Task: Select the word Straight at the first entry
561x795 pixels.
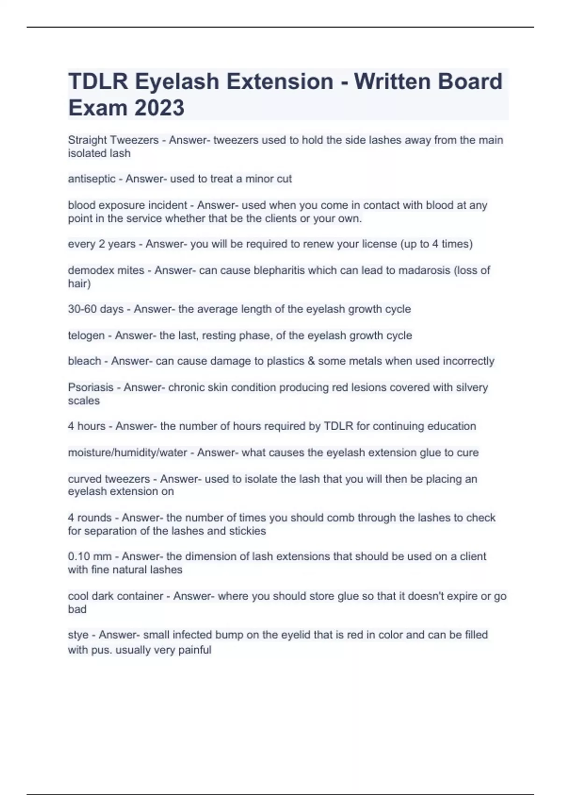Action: click(87, 140)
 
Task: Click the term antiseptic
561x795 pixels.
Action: click(92, 179)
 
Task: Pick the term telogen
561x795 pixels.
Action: click(86, 335)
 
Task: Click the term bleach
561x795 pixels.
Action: click(84, 361)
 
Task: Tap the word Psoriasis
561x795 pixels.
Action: click(91, 387)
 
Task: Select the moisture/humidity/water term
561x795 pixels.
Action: click(128, 453)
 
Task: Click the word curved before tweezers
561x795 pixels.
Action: click(85, 479)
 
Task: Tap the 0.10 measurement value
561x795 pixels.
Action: click(79, 556)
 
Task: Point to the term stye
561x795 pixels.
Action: click(78, 635)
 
